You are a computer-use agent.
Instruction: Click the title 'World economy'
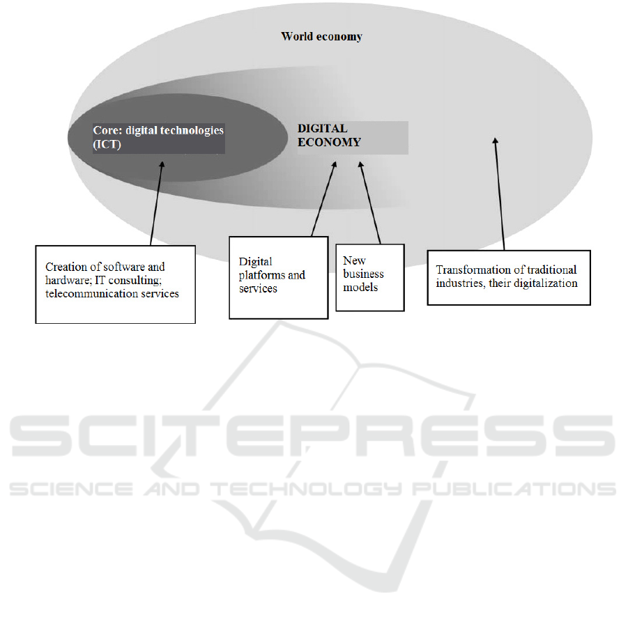321,36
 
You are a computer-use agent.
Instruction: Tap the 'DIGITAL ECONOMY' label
330,136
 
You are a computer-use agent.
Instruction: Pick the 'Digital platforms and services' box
278,276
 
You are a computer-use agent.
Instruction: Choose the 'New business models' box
369,276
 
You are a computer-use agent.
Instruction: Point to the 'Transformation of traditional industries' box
508,277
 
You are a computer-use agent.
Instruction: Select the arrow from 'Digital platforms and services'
324,199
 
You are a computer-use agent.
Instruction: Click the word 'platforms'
262,275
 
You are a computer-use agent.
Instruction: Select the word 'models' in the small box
358,288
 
